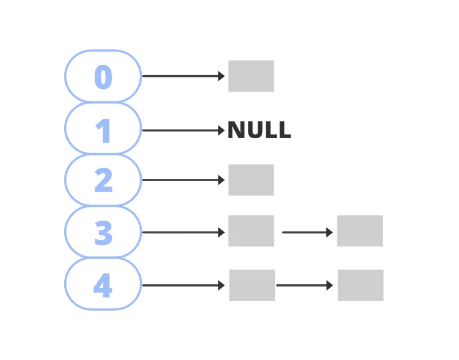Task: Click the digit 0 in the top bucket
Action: (x=103, y=77)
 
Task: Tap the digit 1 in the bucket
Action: (x=103, y=131)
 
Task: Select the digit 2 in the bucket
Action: (x=103, y=181)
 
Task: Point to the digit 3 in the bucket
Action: (x=103, y=232)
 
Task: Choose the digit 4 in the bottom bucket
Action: (x=103, y=285)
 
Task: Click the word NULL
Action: (x=259, y=131)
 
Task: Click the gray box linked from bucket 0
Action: (x=251, y=76)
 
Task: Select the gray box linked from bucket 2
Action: (x=251, y=180)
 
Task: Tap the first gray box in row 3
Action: (x=251, y=231)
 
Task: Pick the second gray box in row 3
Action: (x=360, y=231)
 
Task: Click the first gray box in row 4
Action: (x=252, y=285)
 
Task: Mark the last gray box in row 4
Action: (x=360, y=285)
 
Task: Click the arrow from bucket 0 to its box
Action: (x=182, y=76)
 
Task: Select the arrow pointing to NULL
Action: (x=182, y=131)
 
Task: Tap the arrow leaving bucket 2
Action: (x=182, y=180)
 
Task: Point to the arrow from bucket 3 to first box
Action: (x=182, y=232)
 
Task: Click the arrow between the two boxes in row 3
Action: (x=307, y=232)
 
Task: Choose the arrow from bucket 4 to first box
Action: (x=182, y=285)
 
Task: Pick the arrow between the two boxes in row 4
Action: (x=304, y=285)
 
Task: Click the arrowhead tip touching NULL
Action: (x=223, y=131)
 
